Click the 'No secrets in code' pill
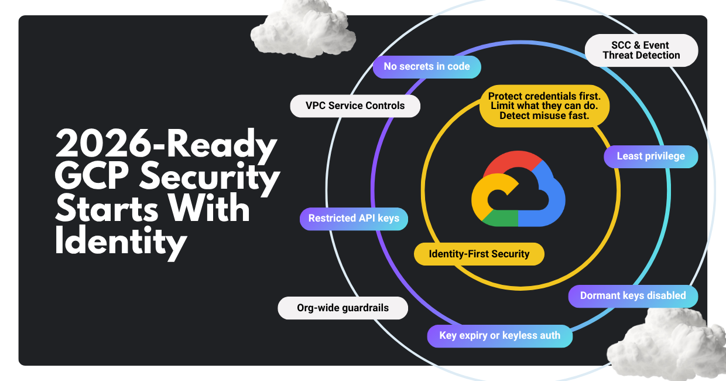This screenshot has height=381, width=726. pos(427,67)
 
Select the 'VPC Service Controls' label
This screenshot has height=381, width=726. pos(355,106)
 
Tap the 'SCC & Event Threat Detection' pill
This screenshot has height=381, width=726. pos(641,50)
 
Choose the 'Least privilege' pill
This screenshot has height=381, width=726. pos(650,157)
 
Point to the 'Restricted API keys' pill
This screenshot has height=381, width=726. pos(354,219)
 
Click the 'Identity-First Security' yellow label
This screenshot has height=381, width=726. pos(479,254)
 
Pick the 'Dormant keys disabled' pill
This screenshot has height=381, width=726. pos(633,296)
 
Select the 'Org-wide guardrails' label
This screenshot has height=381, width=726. pos(343,308)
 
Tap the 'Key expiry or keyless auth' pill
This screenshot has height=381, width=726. pos(500,336)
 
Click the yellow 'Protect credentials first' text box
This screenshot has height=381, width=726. pos(544,106)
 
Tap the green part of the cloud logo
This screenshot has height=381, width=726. pos(501,219)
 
